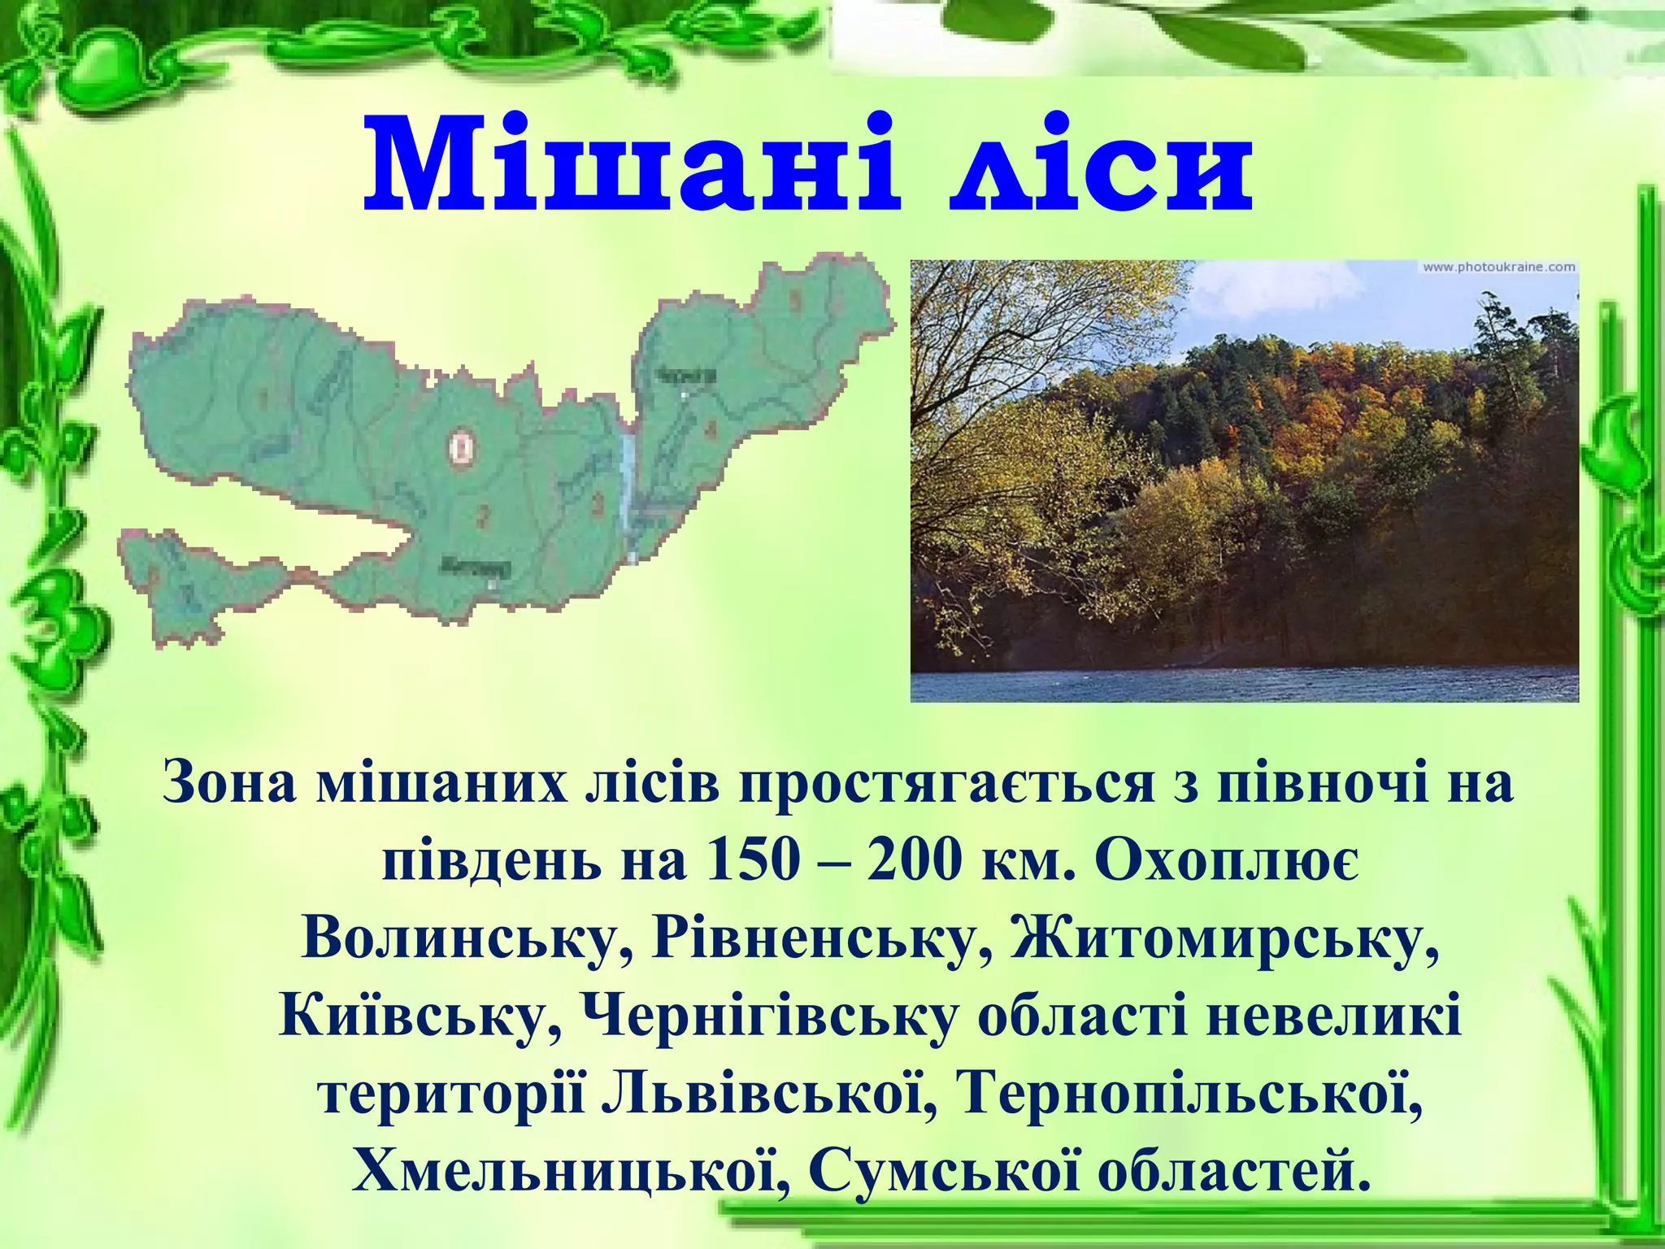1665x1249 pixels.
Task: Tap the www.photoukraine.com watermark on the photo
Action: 1498,268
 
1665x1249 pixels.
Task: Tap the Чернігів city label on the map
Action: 685,376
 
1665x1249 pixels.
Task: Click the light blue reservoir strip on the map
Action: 627,472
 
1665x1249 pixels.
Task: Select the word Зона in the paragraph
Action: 229,782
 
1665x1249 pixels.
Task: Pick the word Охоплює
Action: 1225,860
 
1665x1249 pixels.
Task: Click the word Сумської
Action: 933,1172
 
